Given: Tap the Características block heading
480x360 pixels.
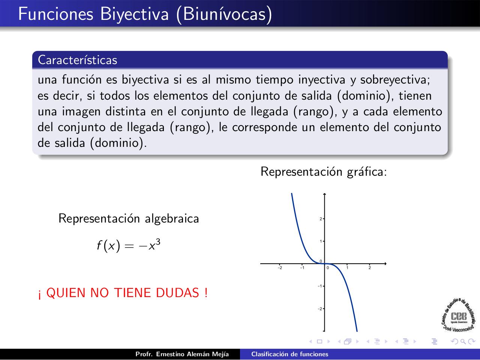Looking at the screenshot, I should [78, 60].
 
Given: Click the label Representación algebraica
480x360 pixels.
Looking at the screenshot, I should [129, 218].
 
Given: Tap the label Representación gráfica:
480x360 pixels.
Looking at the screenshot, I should [324, 172].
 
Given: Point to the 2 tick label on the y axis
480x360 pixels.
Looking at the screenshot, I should [321, 219].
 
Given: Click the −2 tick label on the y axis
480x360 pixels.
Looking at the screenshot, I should [320, 309].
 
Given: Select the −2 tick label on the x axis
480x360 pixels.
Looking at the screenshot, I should [279, 267].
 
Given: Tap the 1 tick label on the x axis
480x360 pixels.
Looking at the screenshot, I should [347, 267].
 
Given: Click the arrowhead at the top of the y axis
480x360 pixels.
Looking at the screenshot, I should [324, 194].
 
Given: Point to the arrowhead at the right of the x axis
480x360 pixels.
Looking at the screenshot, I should [385, 264].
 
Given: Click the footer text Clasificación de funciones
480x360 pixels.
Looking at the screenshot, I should [289, 354].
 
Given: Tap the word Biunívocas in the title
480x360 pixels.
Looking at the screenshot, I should [225, 14].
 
